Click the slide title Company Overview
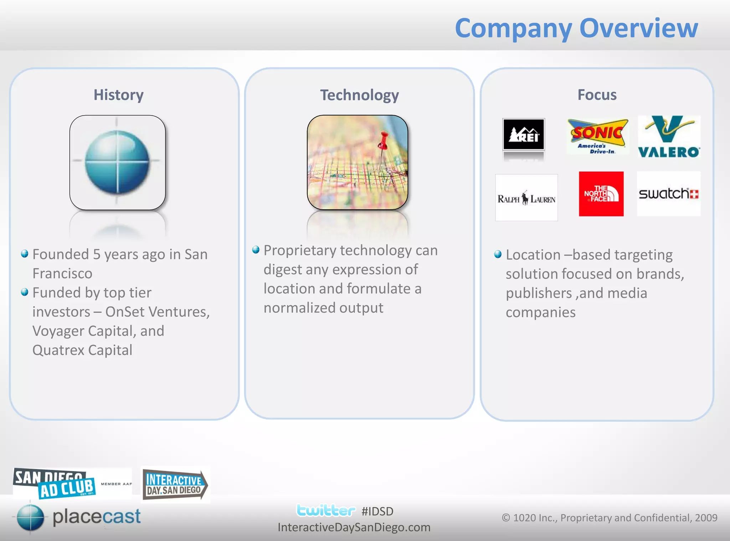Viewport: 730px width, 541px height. (576, 29)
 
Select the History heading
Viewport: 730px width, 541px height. (118, 95)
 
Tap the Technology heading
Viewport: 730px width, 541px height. (359, 95)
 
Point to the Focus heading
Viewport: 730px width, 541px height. (597, 95)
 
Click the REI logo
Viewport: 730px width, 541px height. (523, 134)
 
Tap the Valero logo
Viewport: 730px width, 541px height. (669, 137)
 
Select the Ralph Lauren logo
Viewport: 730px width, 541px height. (526, 198)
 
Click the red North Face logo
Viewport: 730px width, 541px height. (601, 194)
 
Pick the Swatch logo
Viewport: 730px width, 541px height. (669, 194)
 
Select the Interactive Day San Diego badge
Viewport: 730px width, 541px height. (175, 485)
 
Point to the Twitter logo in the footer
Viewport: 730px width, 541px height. (325, 511)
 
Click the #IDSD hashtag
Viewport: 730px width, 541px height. (377, 511)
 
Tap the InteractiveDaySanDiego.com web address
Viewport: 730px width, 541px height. (354, 527)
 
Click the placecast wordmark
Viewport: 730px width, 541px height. (97, 516)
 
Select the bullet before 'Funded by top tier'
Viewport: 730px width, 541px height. (25, 292)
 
